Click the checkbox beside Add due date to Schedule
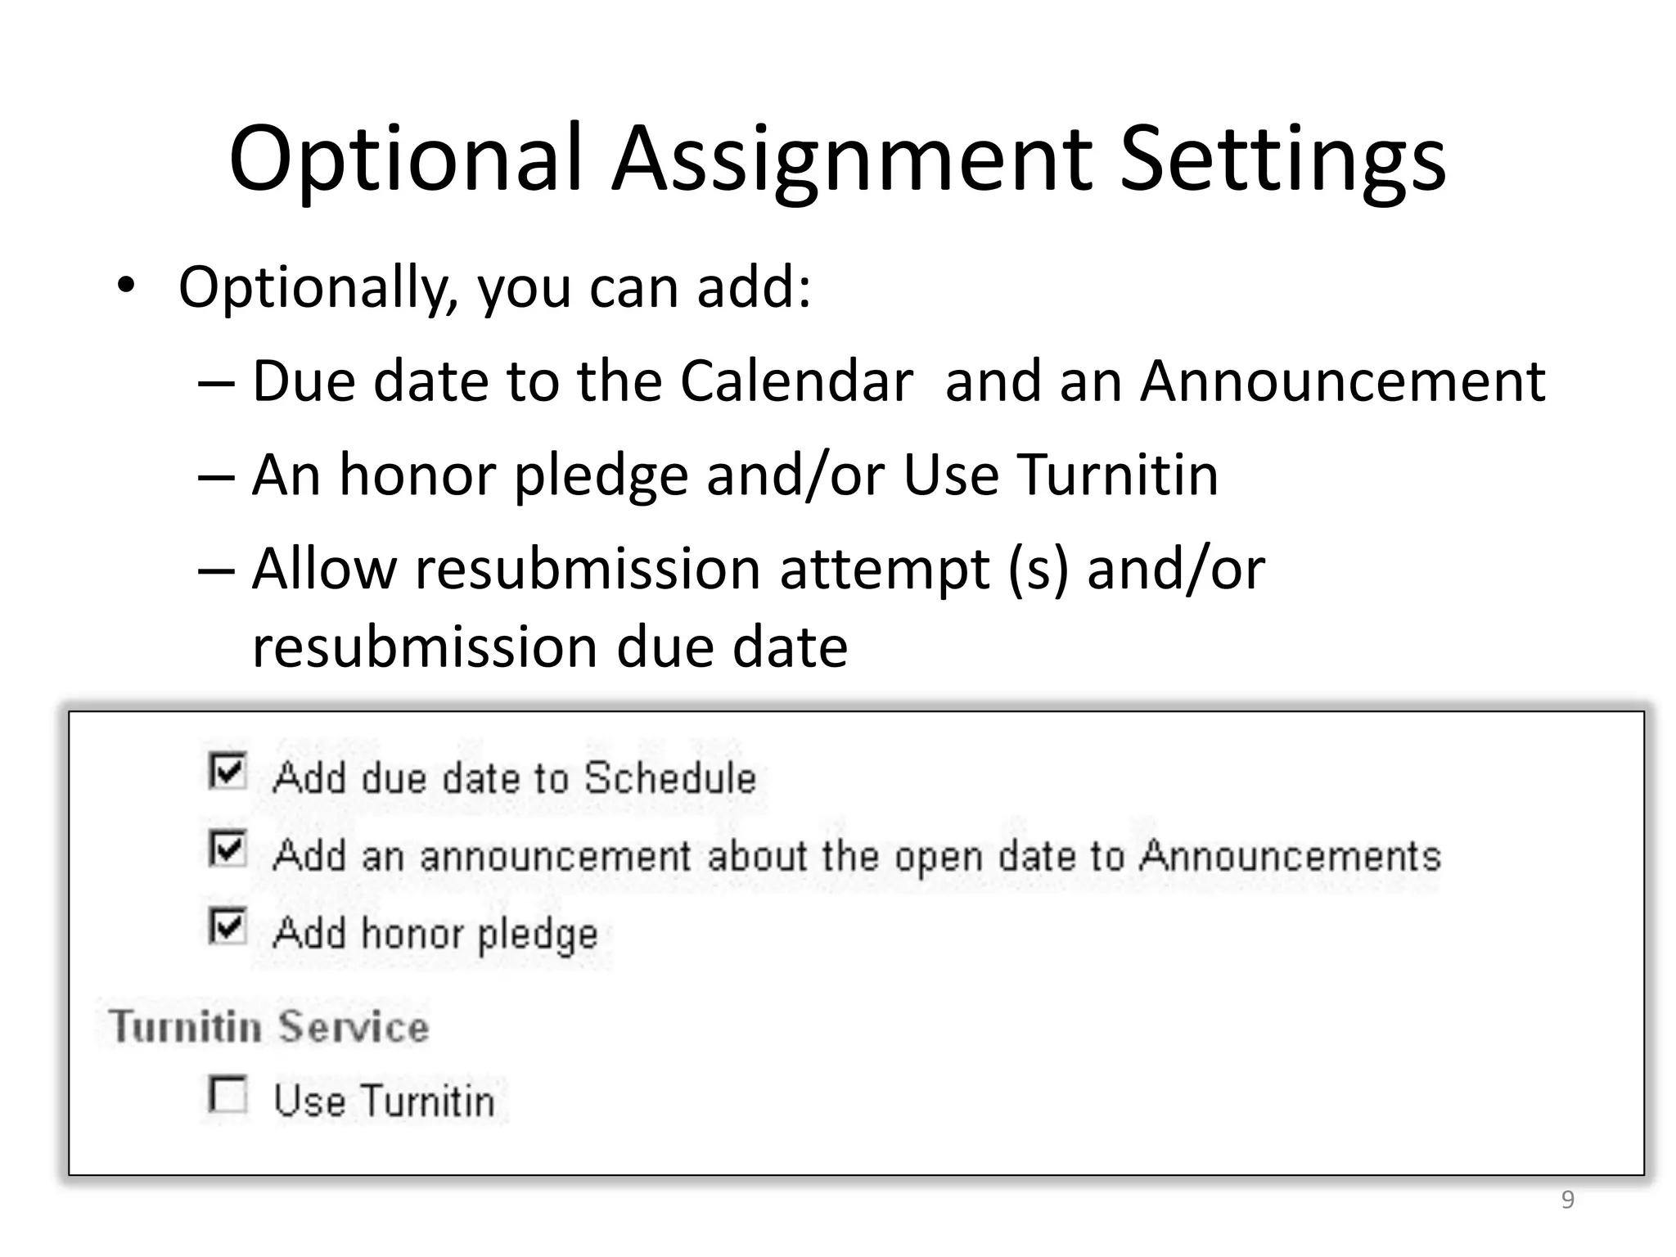point(227,771)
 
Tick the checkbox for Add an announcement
point(227,849)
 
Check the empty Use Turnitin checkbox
point(227,1094)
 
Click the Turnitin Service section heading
point(269,1026)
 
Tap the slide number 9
point(1567,1200)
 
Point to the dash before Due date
point(216,382)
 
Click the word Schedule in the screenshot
point(670,777)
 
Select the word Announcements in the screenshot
point(1290,856)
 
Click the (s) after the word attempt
point(1038,569)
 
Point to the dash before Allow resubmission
point(216,570)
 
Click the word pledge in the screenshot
point(538,935)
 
